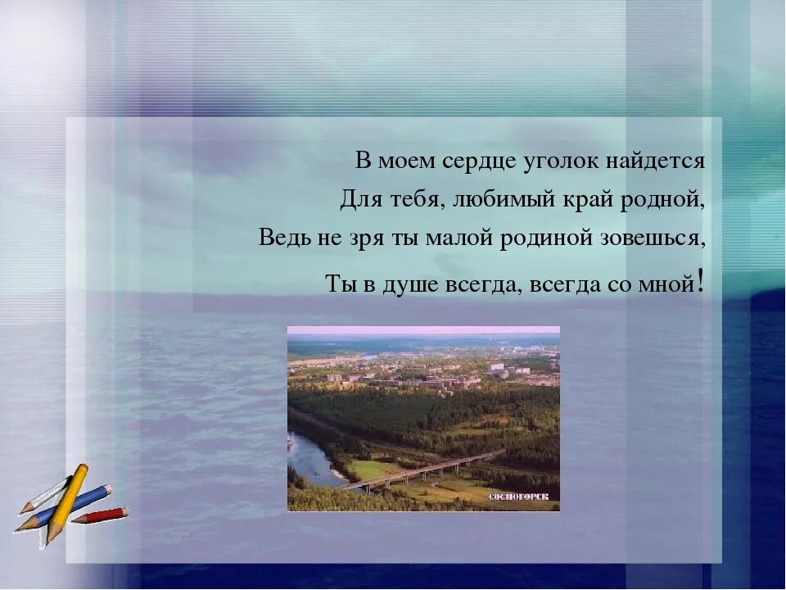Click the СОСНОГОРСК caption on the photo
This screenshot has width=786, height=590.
click(x=522, y=497)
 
